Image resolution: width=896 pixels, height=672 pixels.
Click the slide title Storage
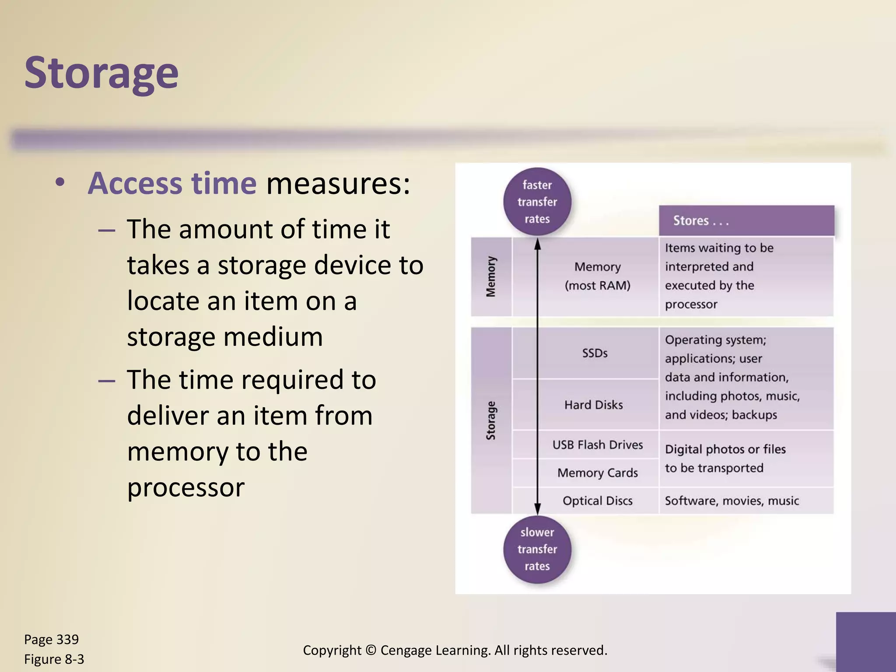coord(101,73)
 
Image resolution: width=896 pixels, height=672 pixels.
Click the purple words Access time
coord(172,183)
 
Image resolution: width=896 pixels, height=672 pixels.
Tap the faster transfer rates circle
coord(537,202)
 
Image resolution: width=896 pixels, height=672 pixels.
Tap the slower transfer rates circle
coord(537,549)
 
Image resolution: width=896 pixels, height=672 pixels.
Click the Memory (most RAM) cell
coord(597,276)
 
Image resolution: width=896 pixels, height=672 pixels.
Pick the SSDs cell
coord(595,353)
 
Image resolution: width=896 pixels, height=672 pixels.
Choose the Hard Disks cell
coord(593,405)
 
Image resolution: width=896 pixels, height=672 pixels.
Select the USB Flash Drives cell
coord(597,445)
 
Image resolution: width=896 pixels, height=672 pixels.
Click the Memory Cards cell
coord(597,473)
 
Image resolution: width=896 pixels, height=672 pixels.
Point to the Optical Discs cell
coord(597,501)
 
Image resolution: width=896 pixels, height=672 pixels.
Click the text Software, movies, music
coord(731,501)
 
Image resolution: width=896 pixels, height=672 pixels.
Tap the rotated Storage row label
coord(491,420)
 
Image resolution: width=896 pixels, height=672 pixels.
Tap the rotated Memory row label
coord(491,276)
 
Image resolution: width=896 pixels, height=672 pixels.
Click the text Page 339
coord(51,640)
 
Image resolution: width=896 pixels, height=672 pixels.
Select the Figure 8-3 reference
coord(54,659)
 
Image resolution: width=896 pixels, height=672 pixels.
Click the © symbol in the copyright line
coord(371,651)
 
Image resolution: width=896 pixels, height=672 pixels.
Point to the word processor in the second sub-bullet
coord(185,487)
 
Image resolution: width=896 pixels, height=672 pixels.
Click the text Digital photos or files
coord(725,449)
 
